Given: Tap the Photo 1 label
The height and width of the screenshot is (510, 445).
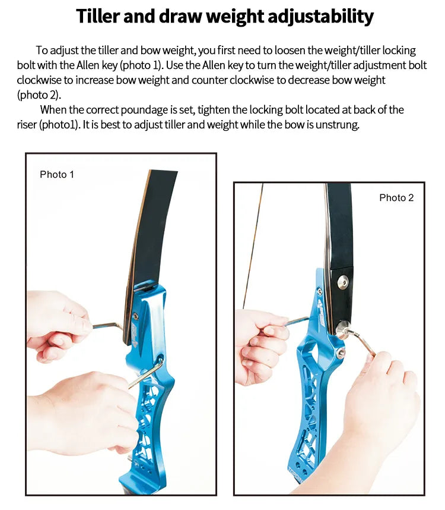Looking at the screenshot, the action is pos(57,175).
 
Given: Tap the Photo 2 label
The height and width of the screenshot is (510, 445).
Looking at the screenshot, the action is pos(396,198).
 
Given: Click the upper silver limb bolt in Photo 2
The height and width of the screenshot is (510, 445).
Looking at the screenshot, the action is pos(343,282).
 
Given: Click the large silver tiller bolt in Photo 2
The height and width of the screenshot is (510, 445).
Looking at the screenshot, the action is pos(343,329).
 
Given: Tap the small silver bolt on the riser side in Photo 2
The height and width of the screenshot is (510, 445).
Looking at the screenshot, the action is pos(340,354).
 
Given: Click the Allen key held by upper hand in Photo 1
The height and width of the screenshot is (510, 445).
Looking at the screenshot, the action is pos(107,326).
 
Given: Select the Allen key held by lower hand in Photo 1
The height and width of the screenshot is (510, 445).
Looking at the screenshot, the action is pos(147,373).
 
